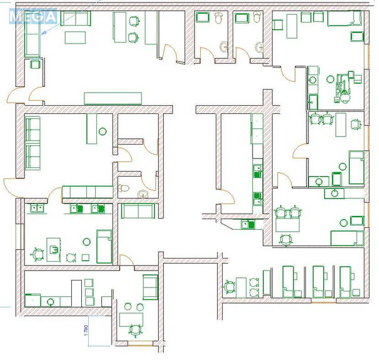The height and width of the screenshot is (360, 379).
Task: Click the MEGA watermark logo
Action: tap(33, 16)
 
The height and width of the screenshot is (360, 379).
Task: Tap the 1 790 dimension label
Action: tap(87, 331)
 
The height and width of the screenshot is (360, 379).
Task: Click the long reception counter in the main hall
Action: tap(113, 98)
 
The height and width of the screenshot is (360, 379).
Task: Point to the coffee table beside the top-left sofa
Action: tap(75, 38)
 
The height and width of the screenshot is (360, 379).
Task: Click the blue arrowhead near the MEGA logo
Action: tap(43, 33)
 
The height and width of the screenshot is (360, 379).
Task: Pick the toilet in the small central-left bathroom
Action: tap(123, 188)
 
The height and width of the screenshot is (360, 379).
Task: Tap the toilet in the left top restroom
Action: tap(218, 18)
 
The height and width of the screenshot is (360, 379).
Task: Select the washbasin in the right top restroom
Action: tap(260, 47)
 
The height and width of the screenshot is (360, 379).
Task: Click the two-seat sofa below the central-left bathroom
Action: tap(138, 211)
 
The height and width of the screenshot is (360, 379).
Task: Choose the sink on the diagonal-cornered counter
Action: tap(248, 224)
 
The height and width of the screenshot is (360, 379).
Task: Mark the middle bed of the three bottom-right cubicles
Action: tap(320, 282)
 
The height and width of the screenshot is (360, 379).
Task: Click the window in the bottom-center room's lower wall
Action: tap(140, 343)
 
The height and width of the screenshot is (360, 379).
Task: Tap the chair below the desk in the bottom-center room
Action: tap(134, 331)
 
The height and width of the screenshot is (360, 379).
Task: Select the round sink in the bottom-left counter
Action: tap(50, 301)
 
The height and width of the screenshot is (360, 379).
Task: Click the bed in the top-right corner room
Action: tap(345, 18)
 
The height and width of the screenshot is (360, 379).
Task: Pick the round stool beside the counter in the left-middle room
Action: tap(103, 131)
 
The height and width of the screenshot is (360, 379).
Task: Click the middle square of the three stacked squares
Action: tap(89, 292)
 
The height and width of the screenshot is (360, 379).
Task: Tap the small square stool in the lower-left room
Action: tap(85, 257)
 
